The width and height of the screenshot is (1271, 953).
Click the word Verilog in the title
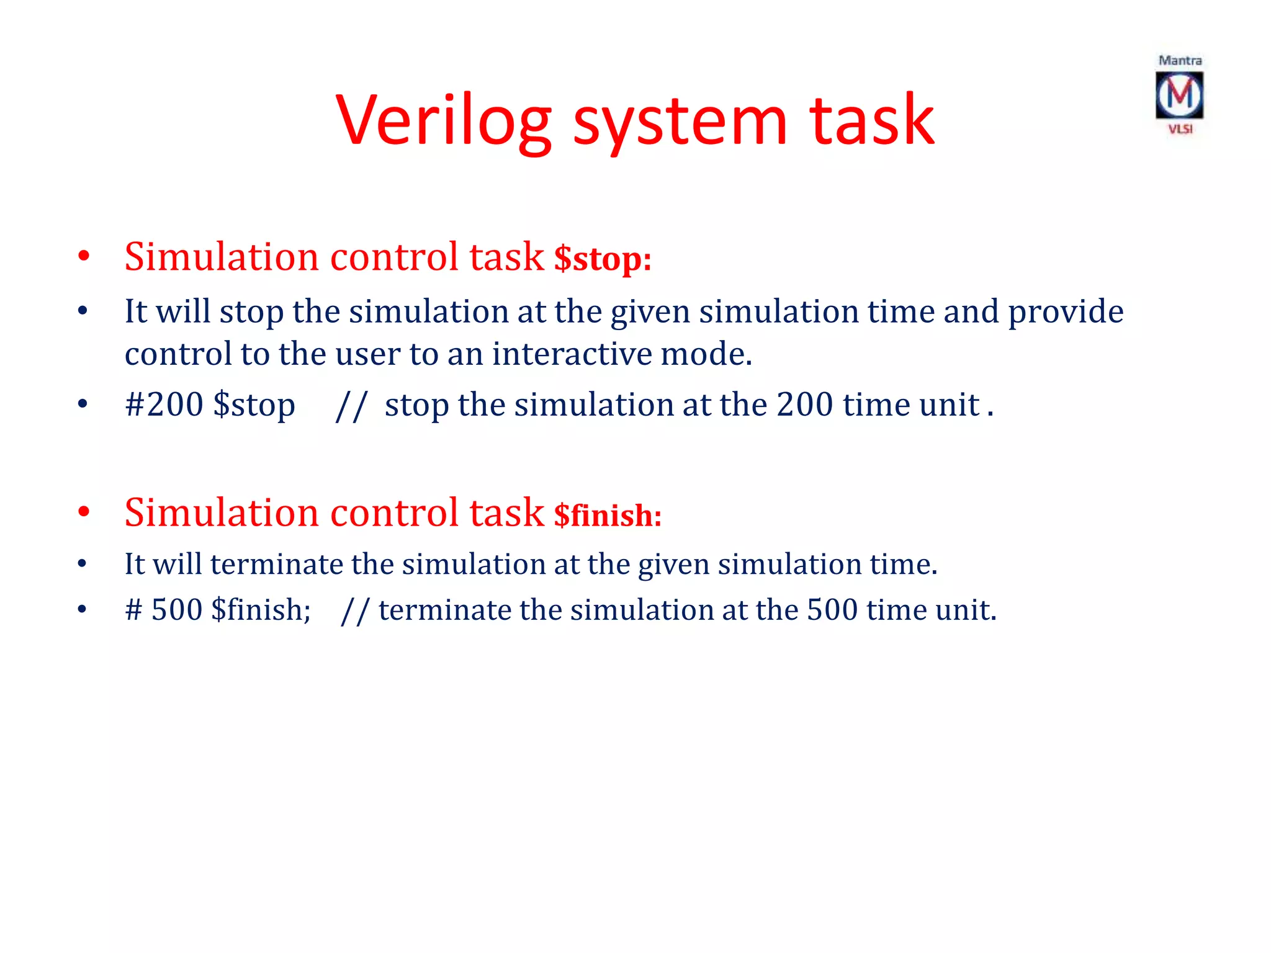tap(443, 121)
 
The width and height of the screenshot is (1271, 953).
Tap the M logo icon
tap(1179, 95)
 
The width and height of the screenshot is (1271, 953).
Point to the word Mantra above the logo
tap(1180, 60)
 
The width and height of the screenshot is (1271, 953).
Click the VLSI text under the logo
tap(1180, 129)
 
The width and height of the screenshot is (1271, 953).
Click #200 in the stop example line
tap(164, 405)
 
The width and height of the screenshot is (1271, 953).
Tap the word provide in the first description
tap(1065, 312)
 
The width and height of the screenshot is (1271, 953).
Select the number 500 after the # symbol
tap(177, 610)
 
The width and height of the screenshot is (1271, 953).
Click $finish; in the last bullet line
tap(261, 610)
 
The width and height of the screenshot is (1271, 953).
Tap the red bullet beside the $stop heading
tap(84, 256)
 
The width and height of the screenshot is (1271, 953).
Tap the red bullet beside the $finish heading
tap(84, 512)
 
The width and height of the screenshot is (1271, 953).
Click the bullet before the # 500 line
tap(82, 610)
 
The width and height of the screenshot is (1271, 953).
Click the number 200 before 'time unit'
tap(804, 405)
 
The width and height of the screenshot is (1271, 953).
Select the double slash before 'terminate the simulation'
tap(354, 611)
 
